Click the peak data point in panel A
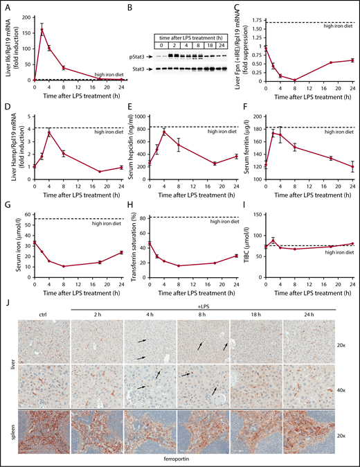pyautogui.click(x=43, y=30)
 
